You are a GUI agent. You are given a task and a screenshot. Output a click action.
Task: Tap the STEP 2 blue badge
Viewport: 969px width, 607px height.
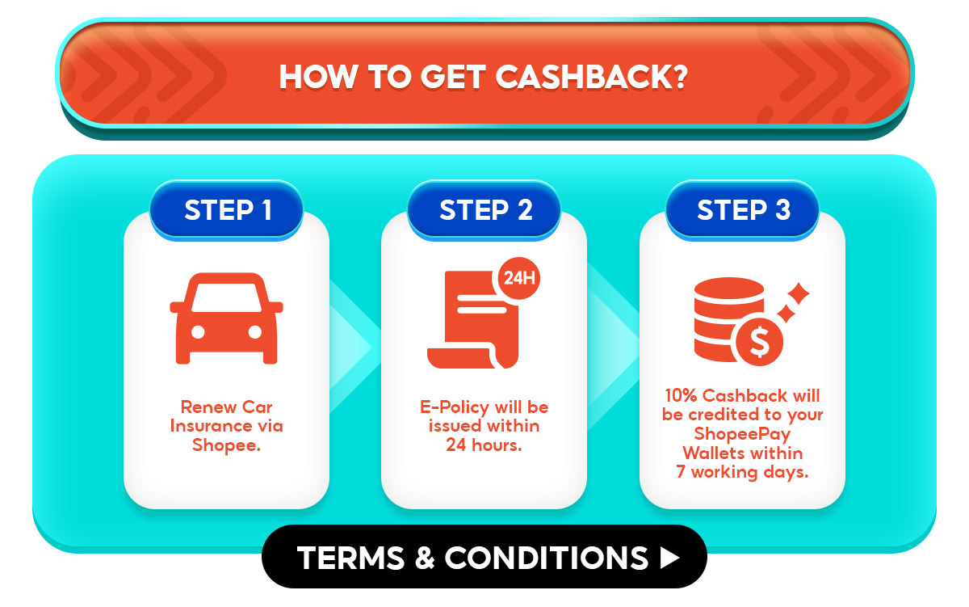[485, 210]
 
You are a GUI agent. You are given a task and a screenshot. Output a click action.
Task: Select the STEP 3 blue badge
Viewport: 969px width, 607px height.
[743, 210]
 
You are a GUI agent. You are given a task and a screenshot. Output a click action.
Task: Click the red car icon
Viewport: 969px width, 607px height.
[226, 318]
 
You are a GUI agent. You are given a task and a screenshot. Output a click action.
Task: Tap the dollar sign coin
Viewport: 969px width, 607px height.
[759, 342]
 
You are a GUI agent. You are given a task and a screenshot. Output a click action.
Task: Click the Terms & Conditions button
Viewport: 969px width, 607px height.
[484, 557]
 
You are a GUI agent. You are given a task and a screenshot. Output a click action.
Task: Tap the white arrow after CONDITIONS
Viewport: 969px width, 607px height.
[669, 557]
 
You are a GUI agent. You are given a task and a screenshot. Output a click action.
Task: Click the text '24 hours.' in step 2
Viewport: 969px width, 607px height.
[484, 445]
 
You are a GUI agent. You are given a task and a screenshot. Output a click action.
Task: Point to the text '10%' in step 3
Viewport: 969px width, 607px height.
[681, 396]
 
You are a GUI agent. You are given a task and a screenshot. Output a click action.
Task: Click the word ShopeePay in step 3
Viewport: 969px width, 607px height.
[742, 434]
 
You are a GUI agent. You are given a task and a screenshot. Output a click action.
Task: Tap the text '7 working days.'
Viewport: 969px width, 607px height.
[742, 472]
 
